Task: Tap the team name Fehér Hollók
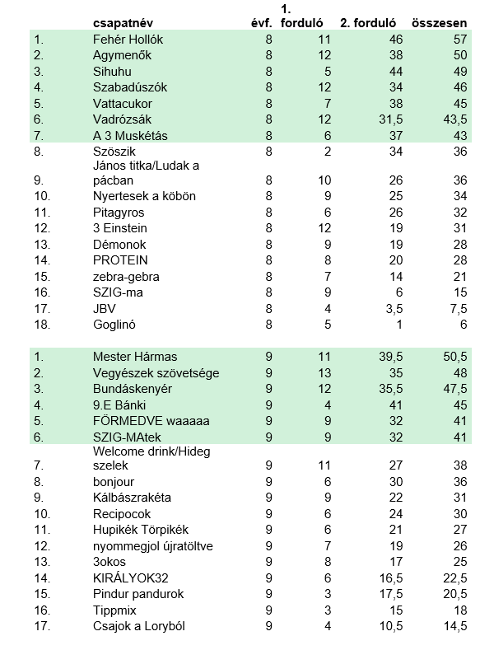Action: (128, 40)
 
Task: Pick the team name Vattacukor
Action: (123, 104)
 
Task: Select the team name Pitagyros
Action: (120, 212)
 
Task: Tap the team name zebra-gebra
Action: (126, 276)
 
